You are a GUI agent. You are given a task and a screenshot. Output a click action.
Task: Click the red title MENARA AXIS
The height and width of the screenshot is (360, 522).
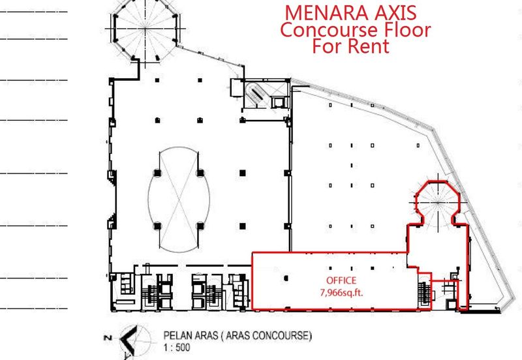pyautogui.click(x=350, y=12)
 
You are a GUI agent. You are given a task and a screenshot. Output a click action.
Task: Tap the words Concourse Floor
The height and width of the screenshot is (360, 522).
pyautogui.click(x=355, y=29)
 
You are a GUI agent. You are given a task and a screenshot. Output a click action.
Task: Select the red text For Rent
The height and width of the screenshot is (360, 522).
pyautogui.click(x=350, y=46)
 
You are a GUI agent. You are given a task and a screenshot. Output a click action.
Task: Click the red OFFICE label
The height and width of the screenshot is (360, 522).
pyautogui.click(x=341, y=280)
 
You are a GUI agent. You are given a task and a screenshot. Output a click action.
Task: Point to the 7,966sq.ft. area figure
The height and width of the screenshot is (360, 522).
pyautogui.click(x=341, y=292)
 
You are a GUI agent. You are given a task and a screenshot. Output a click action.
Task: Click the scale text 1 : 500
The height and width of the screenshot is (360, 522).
pyautogui.click(x=177, y=348)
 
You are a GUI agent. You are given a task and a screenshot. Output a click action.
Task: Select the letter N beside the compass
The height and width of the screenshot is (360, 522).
pyautogui.click(x=108, y=338)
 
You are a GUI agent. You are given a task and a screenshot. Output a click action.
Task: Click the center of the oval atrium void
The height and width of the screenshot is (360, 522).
pyautogui.click(x=179, y=200)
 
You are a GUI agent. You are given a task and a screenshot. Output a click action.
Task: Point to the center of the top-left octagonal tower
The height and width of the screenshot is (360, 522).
pyautogui.click(x=145, y=29)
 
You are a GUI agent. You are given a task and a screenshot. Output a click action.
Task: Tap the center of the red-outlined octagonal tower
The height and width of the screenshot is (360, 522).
pyautogui.click(x=437, y=203)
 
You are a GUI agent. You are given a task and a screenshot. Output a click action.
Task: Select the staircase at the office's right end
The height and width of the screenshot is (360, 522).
pyautogui.click(x=424, y=292)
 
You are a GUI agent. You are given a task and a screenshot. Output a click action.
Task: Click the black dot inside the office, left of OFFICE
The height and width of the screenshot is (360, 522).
pyautogui.click(x=286, y=278)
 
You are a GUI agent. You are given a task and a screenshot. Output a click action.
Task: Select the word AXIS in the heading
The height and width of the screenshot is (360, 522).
pyautogui.click(x=395, y=12)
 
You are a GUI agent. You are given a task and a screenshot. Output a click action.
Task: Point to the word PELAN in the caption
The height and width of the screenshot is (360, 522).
pyautogui.click(x=177, y=335)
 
